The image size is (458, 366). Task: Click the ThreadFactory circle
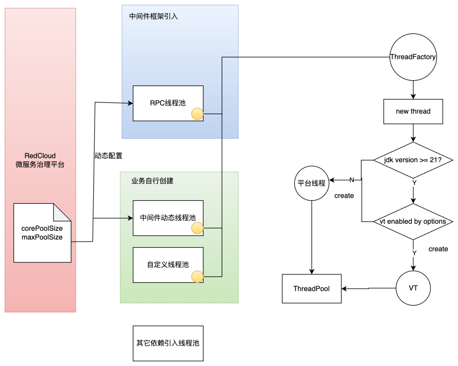pos(413,57)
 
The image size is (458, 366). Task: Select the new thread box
pos(413,112)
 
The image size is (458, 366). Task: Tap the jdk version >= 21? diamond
pos(413,160)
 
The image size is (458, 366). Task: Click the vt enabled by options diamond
pos(413,221)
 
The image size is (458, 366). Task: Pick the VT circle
pos(413,288)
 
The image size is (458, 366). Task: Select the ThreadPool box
pos(312,289)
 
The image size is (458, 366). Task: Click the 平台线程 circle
pos(312,183)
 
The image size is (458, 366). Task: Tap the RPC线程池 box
pos(168,103)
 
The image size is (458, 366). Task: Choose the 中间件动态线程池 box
pos(168,218)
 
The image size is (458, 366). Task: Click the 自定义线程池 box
pos(168,265)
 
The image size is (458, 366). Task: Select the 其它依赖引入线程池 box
pos(168,343)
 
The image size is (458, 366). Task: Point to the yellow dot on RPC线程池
pos(197,114)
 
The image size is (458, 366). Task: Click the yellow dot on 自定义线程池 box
pos(197,277)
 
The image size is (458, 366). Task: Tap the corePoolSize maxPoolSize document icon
pos(42,233)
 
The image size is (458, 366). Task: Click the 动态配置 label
pos(108,156)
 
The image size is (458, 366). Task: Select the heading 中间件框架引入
pos(154,17)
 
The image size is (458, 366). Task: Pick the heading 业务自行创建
pos(152,181)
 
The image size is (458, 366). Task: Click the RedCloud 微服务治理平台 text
pos(40,160)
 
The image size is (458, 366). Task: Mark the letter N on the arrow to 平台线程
pos(352,180)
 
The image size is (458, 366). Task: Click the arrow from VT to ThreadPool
pos(369,289)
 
